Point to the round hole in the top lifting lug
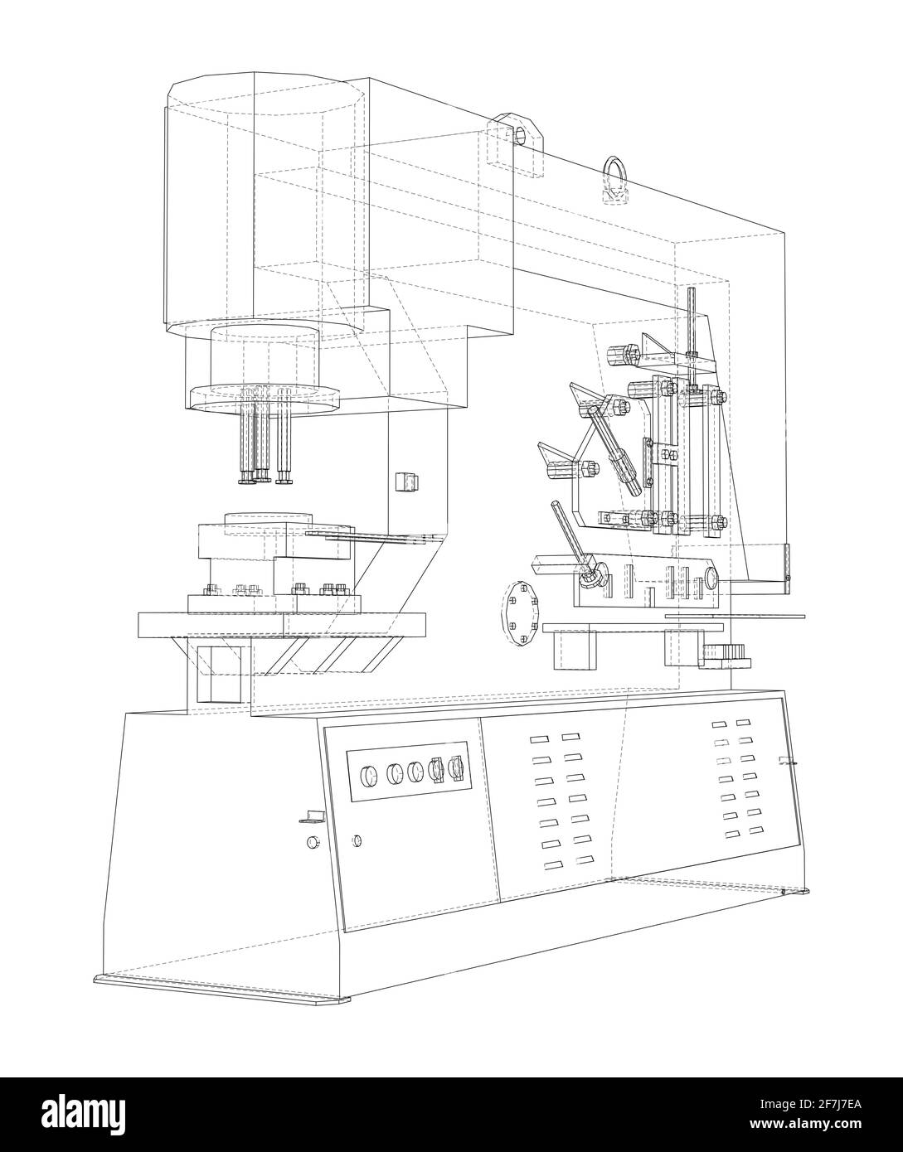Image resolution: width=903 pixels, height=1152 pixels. click(521, 133)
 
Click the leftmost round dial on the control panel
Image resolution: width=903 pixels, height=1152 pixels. click(365, 776)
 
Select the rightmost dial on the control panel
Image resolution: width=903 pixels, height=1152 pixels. click(454, 768)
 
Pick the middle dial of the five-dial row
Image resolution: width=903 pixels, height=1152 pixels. click(415, 772)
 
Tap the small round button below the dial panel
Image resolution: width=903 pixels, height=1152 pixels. click(357, 840)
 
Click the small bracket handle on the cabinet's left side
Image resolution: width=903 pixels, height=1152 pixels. click(310, 817)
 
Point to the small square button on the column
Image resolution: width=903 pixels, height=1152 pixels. click(406, 481)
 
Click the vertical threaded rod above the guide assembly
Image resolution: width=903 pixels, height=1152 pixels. click(691, 332)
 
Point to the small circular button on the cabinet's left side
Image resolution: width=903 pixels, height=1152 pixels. click(313, 843)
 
